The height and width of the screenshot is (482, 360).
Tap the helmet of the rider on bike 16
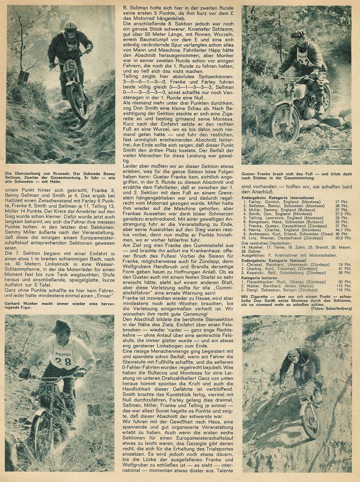[x=71, y=29]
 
